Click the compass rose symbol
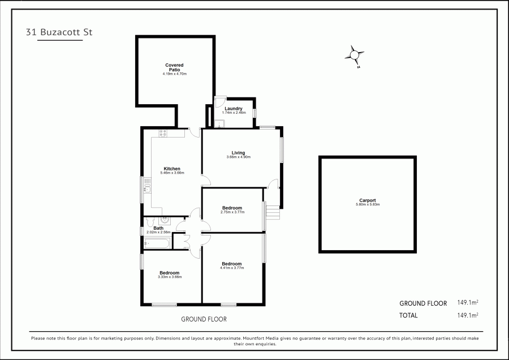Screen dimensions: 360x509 (x=355, y=55)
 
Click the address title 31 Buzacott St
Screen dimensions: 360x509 (x=59, y=32)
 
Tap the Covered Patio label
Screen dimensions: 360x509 (x=174, y=67)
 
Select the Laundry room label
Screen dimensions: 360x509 (x=234, y=109)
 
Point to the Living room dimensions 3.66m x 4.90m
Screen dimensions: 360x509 (x=238, y=157)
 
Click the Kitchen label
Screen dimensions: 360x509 (x=172, y=169)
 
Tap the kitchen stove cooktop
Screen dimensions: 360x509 (x=163, y=134)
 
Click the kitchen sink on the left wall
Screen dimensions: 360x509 (x=146, y=186)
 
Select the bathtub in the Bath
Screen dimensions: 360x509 (x=156, y=243)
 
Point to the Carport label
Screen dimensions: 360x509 (x=367, y=200)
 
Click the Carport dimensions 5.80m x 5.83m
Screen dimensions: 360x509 (x=368, y=204)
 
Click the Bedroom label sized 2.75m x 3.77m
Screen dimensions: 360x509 (x=232, y=208)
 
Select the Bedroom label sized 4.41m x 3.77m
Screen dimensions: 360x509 (x=232, y=264)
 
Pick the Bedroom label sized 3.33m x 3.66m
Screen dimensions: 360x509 (x=170, y=273)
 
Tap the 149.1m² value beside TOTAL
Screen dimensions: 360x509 (x=468, y=315)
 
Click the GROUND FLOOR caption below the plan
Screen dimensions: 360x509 (x=204, y=319)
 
